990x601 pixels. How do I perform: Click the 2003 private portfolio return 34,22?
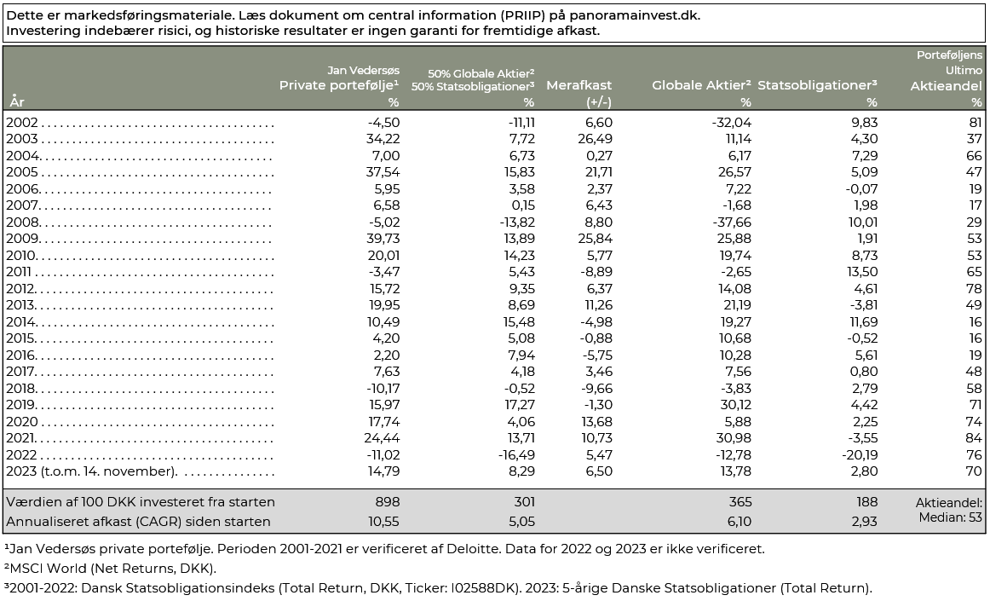pyautogui.click(x=383, y=139)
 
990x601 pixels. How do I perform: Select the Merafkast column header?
pyautogui.click(x=579, y=85)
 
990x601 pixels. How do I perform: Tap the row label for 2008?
pyautogui.click(x=23, y=222)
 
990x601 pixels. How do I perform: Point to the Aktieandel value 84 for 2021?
pyautogui.click(x=974, y=438)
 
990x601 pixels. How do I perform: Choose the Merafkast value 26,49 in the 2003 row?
pyautogui.click(x=595, y=139)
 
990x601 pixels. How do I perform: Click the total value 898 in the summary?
pyautogui.click(x=388, y=502)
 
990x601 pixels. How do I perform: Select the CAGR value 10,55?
pyautogui.click(x=384, y=522)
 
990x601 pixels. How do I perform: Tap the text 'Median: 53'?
pyautogui.click(x=950, y=517)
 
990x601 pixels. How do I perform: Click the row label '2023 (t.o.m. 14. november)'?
pyautogui.click(x=91, y=471)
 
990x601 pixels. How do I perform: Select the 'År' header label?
pyautogui.click(x=17, y=101)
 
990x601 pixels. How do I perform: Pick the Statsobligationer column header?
pyautogui.click(x=818, y=84)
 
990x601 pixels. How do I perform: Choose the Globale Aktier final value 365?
pyautogui.click(x=740, y=502)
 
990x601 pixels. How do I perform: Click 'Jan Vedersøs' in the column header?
pyautogui.click(x=363, y=70)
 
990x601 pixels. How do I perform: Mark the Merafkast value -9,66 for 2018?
pyautogui.click(x=596, y=389)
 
